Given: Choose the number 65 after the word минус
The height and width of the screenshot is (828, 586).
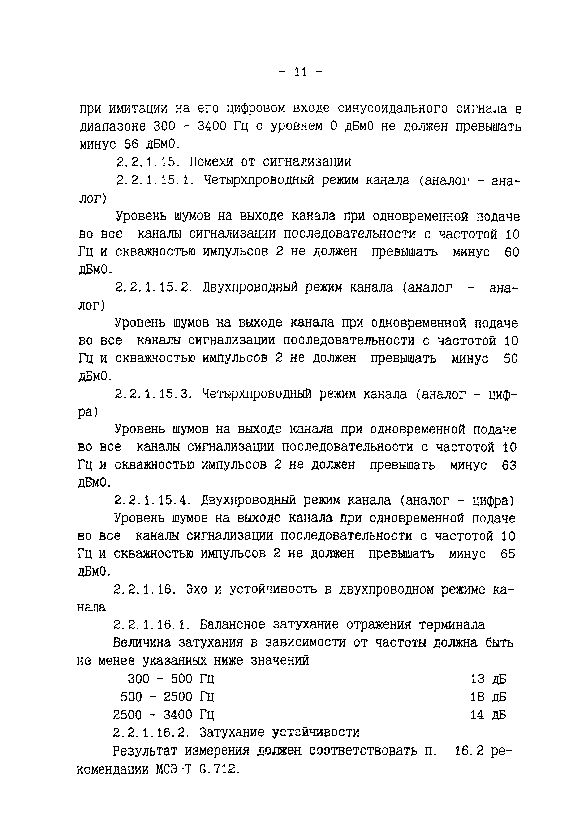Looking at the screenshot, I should tap(508, 554).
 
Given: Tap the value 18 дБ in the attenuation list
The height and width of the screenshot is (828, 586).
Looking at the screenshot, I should tap(488, 697).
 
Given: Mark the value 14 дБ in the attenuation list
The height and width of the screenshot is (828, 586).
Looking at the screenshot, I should tap(488, 714).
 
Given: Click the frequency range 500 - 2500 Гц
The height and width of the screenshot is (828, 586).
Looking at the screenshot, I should tap(167, 697).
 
